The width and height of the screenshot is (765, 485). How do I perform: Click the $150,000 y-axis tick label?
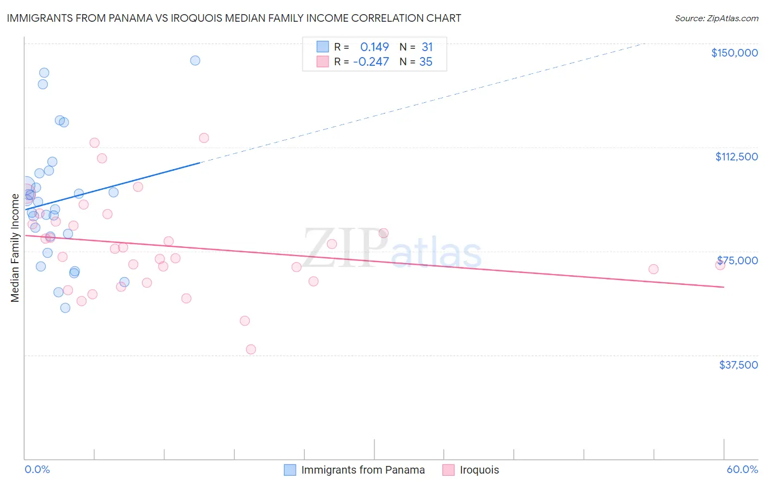[x=734, y=53]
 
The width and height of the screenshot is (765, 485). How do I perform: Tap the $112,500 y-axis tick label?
[x=736, y=157]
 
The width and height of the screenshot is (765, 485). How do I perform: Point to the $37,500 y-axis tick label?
[x=738, y=365]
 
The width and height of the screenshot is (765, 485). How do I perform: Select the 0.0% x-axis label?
[x=37, y=470]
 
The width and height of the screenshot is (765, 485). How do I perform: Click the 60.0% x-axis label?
[x=742, y=470]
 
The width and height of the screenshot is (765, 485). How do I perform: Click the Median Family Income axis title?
[x=15, y=247]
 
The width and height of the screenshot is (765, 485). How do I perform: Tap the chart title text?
[x=234, y=18]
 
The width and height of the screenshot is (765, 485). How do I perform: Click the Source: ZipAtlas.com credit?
[x=716, y=18]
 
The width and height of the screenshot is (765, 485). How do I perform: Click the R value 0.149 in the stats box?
[x=374, y=47]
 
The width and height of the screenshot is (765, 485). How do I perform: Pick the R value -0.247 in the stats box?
[x=371, y=62]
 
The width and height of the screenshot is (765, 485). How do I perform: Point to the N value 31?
[x=427, y=47]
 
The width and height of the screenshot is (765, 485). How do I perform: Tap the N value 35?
[x=425, y=62]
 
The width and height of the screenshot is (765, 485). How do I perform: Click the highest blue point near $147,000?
[x=195, y=60]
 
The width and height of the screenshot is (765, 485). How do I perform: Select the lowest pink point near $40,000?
[x=251, y=349]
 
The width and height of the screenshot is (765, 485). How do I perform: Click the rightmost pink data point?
[x=720, y=265]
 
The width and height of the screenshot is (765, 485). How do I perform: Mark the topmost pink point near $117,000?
[x=204, y=138]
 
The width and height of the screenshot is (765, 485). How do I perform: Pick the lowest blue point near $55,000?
[x=65, y=308]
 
